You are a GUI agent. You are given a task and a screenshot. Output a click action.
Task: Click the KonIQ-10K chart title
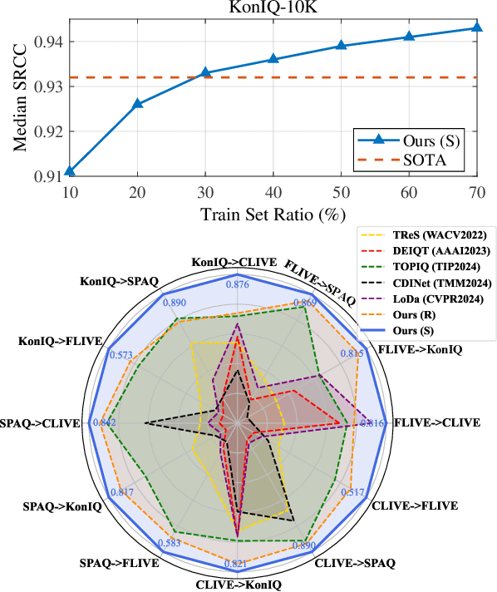click(x=266, y=7)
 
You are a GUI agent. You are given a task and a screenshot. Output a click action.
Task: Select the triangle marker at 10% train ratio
click(x=69, y=171)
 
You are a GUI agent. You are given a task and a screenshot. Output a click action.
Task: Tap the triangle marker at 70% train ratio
click(x=476, y=27)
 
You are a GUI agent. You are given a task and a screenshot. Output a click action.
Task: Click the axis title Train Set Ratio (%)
click(x=273, y=214)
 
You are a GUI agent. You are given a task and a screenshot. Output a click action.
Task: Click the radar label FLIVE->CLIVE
click(x=436, y=423)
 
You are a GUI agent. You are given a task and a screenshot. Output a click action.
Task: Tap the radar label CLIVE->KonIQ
click(x=239, y=585)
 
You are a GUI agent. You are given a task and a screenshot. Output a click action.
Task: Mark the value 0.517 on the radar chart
click(x=354, y=492)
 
